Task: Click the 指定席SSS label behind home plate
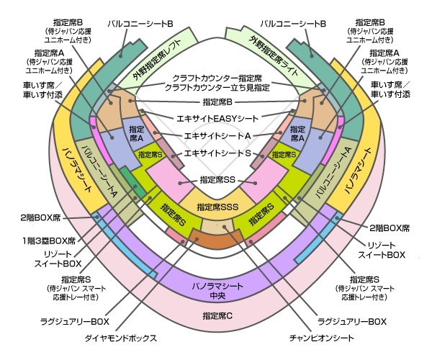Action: (x=217, y=207)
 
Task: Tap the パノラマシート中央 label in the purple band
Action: (x=217, y=291)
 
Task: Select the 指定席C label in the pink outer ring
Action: (x=217, y=315)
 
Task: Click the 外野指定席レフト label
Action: (x=156, y=60)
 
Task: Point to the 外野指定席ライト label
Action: (x=274, y=55)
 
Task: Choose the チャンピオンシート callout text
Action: (x=322, y=338)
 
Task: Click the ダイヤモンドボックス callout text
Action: (x=121, y=338)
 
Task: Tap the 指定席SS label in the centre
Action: (x=217, y=180)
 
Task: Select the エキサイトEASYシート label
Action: (x=217, y=118)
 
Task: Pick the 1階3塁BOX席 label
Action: (x=49, y=240)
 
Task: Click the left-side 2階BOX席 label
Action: (x=40, y=218)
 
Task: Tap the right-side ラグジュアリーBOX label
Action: (x=352, y=321)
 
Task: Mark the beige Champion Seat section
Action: (x=217, y=225)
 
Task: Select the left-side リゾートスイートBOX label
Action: (x=58, y=258)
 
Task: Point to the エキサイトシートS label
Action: (x=217, y=153)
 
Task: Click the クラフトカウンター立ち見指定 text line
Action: (x=217, y=88)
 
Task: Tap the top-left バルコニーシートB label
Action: (x=140, y=24)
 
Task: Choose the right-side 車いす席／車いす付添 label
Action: (x=390, y=89)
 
